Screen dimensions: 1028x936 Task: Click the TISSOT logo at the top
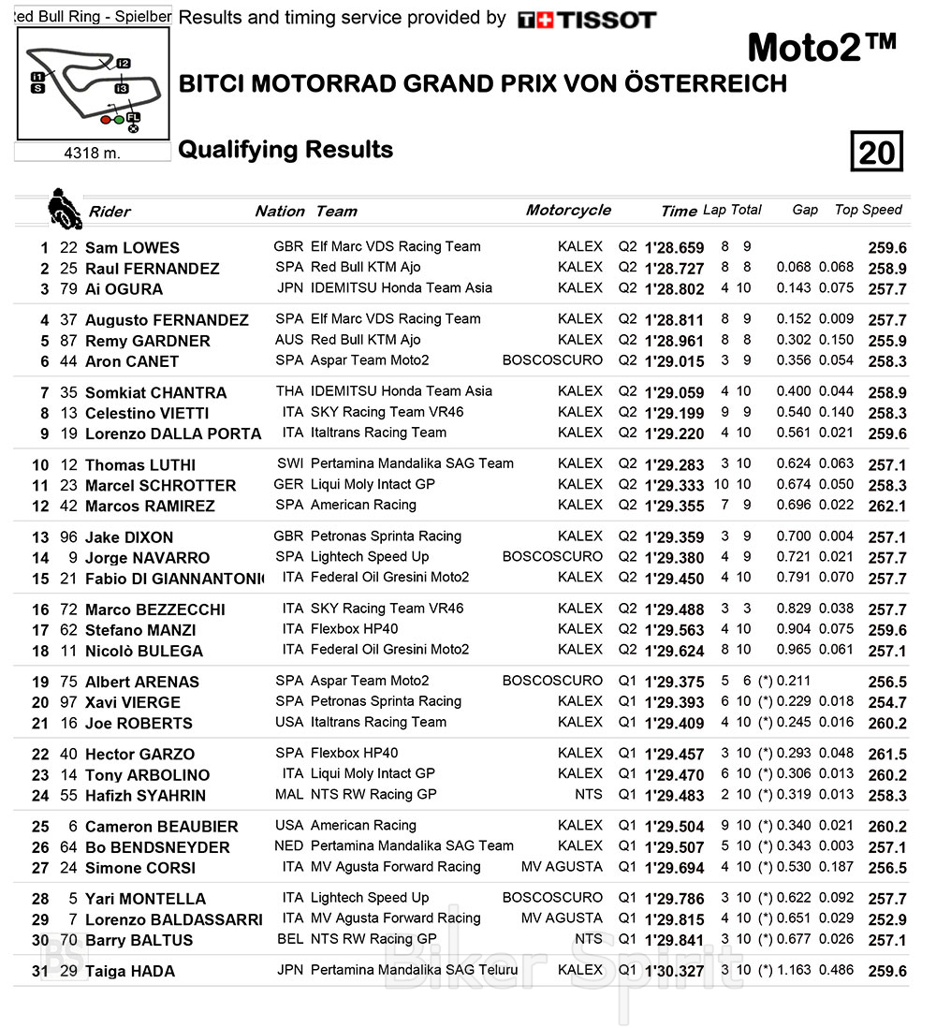(x=587, y=20)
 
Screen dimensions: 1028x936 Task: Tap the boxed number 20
(x=876, y=151)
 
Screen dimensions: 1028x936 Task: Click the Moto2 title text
(x=822, y=46)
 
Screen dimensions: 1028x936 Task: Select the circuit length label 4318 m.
(x=92, y=153)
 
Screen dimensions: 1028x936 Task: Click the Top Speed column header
(x=868, y=210)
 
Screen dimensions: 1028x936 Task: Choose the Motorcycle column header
(x=568, y=210)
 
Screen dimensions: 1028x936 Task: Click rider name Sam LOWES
(x=132, y=248)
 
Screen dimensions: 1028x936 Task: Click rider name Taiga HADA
(x=129, y=972)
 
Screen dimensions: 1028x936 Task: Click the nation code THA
(x=290, y=391)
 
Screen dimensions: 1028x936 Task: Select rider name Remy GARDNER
(x=147, y=341)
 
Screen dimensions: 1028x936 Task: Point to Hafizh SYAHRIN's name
(x=144, y=796)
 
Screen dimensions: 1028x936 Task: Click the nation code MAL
(x=290, y=794)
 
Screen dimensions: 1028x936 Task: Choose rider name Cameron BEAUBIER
(x=161, y=827)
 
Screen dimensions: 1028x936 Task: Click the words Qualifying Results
(x=285, y=150)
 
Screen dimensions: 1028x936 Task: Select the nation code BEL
(x=291, y=938)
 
